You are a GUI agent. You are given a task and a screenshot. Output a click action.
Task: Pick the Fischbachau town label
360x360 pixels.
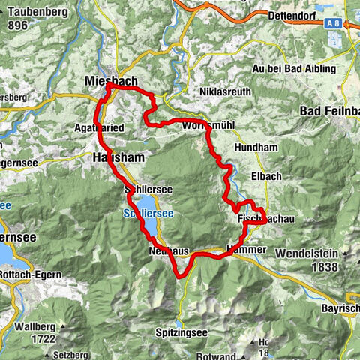[260, 219]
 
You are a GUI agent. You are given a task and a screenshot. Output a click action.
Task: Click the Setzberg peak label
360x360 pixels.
[70, 334]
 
